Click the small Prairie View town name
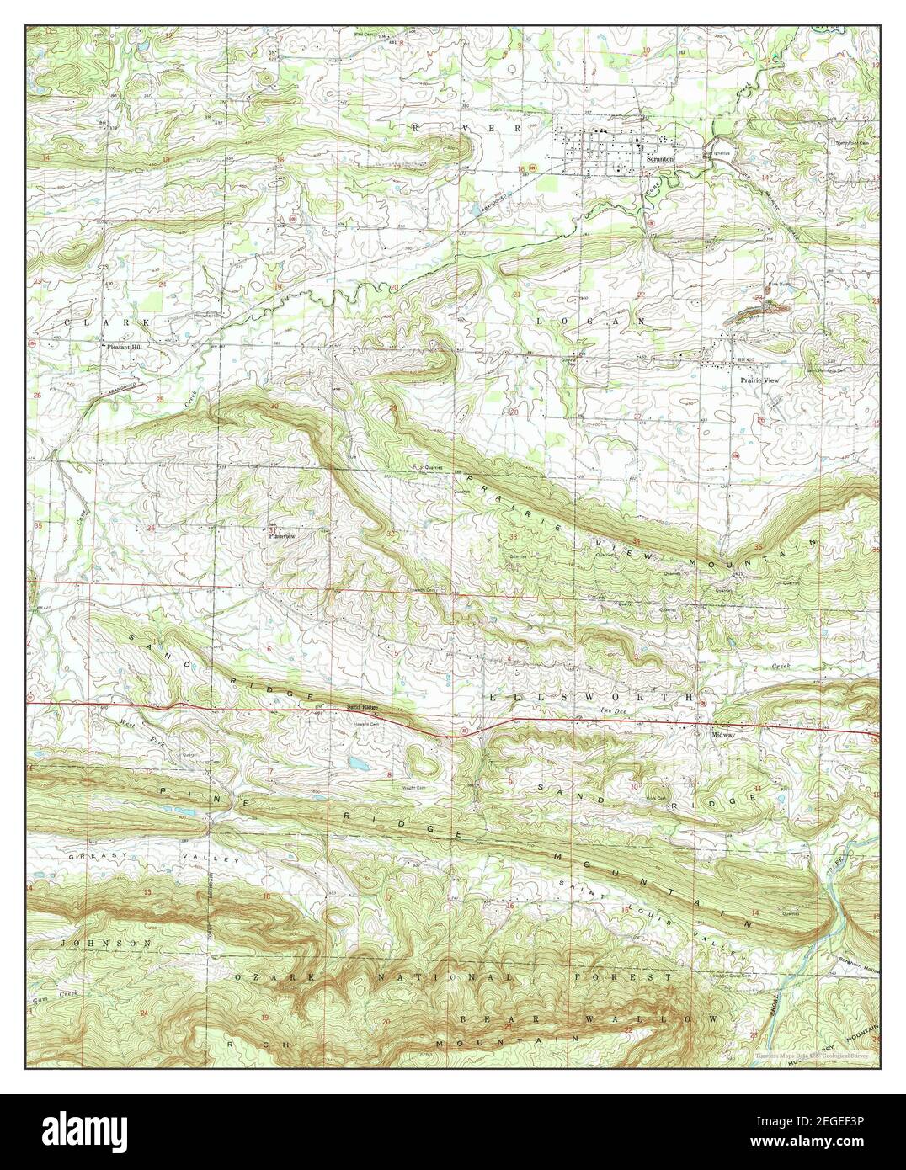click(x=759, y=380)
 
